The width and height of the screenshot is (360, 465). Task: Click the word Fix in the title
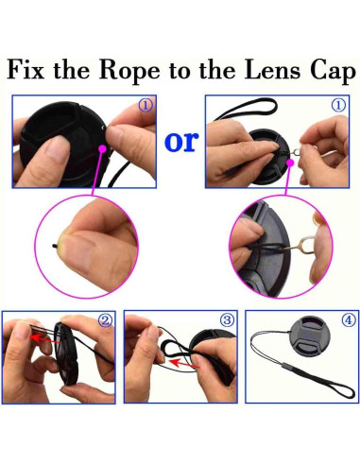click(26, 70)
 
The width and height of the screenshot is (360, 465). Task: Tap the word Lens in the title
click(272, 70)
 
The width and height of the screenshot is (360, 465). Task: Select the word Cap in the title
click(333, 72)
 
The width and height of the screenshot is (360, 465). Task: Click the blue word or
click(181, 142)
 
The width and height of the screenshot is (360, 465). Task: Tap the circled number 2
click(105, 320)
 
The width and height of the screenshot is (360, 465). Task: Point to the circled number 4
click(349, 320)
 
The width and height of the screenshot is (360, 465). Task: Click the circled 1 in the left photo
click(146, 105)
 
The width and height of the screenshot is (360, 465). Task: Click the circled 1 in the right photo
click(338, 105)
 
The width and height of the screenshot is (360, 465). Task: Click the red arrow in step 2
click(45, 339)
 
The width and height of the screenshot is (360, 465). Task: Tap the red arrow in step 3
click(184, 364)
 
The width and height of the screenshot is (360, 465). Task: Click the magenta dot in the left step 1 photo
click(102, 148)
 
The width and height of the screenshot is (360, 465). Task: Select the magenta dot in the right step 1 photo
click(290, 163)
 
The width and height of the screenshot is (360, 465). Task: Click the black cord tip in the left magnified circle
click(55, 245)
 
